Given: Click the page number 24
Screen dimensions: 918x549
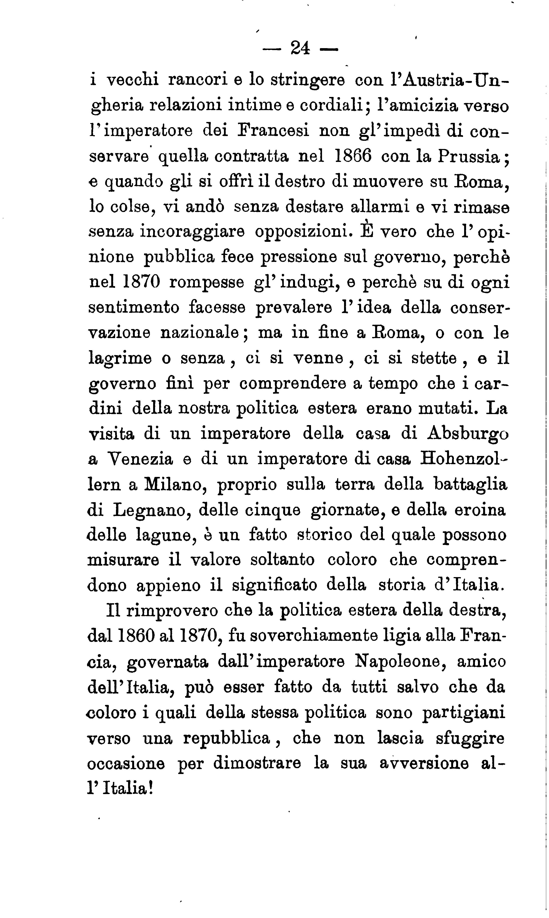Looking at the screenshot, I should tap(300, 48).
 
